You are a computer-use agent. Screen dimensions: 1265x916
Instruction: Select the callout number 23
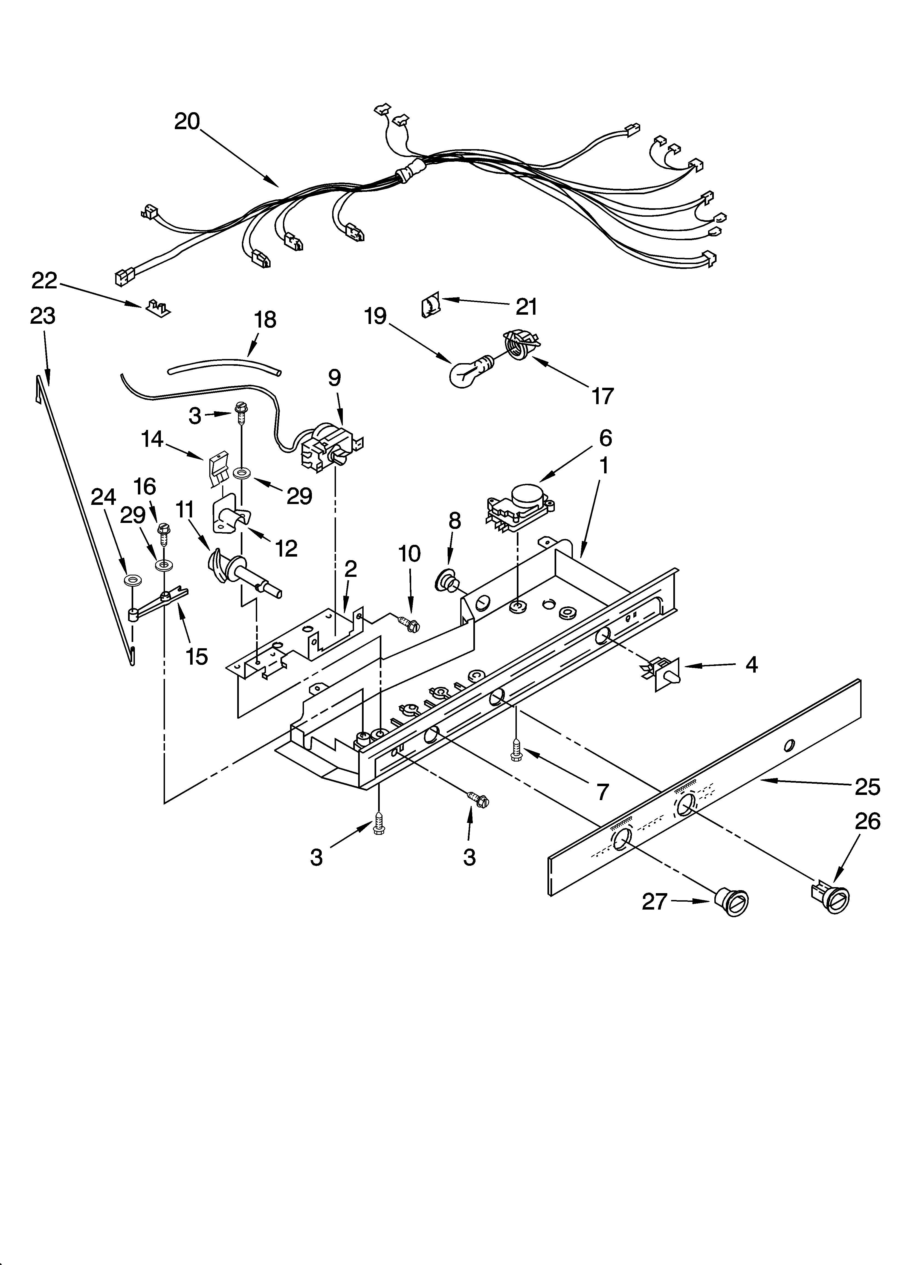pos(43,316)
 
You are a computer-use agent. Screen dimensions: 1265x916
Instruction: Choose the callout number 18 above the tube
pos(265,320)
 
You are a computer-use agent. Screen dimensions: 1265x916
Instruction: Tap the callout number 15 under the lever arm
pos(197,656)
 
